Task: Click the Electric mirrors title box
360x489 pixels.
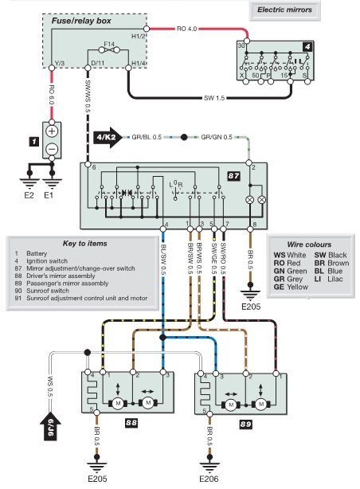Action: (285, 10)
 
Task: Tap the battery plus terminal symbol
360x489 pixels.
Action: (52, 131)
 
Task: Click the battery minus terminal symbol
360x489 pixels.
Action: (52, 149)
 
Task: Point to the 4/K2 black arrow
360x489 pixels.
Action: (108, 137)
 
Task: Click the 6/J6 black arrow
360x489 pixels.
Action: (50, 426)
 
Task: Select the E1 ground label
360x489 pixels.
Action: (49, 196)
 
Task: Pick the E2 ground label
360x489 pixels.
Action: (29, 196)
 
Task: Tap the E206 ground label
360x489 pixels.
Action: (209, 479)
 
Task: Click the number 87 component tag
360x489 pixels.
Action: (233, 176)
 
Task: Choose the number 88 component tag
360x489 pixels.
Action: (131, 423)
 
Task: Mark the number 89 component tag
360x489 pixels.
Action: (245, 424)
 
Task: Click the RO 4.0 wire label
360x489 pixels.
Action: (187, 29)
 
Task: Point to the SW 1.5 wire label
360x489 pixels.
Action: (214, 98)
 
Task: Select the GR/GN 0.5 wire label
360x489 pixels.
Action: (217, 137)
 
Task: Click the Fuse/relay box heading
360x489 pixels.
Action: (81, 21)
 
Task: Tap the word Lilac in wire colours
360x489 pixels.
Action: (335, 279)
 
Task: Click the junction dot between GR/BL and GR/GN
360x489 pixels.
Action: (184, 137)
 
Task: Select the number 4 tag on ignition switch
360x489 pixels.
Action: (307, 47)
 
